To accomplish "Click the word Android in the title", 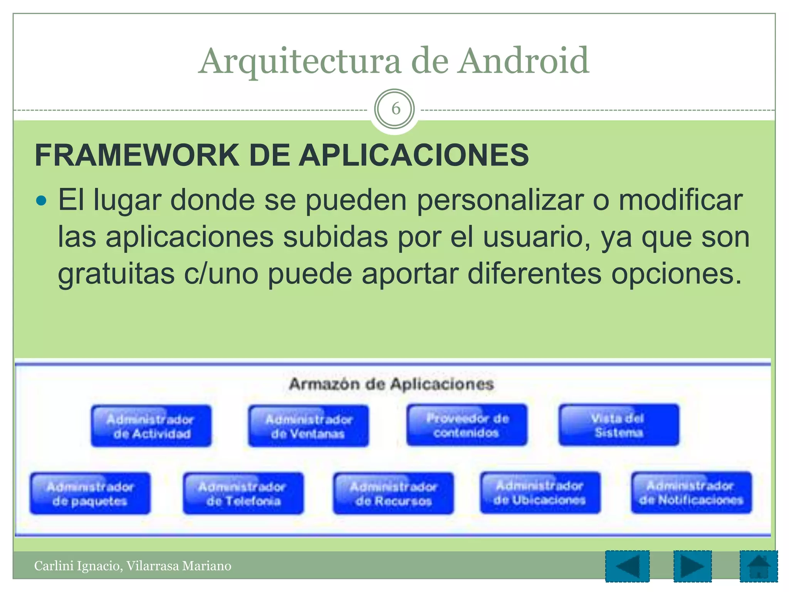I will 523,61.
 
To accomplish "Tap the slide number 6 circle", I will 394,109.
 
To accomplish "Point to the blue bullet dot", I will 40,201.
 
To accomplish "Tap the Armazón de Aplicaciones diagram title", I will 391,384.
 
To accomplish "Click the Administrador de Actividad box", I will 151,426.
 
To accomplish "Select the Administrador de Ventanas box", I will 308,426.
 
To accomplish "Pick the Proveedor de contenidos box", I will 467,425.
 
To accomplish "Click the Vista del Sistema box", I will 619,425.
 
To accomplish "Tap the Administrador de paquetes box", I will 90,493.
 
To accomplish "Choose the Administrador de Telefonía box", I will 243,493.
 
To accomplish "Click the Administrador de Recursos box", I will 393,493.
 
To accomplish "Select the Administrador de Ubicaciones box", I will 540,493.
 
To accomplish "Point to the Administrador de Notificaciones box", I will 691,493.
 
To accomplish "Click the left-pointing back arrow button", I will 627,566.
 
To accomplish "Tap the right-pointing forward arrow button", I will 692,566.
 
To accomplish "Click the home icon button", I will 758,566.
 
